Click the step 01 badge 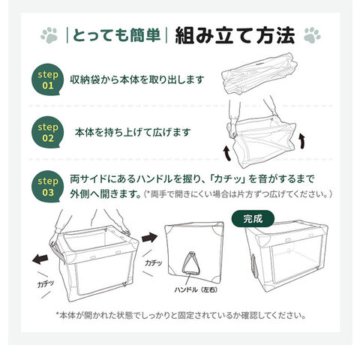(x=47, y=79)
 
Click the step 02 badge (x=47, y=132)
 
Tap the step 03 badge (x=47, y=187)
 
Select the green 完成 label (x=253, y=219)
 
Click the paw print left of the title (x=49, y=35)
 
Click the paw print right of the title (x=312, y=35)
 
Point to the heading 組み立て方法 (x=235, y=35)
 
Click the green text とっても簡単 (x=116, y=35)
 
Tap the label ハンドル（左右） (x=196, y=289)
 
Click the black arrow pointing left (x=40, y=259)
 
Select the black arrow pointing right (x=149, y=238)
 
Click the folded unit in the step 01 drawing (x=259, y=73)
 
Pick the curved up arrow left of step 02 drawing (x=227, y=154)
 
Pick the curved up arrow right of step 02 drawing (x=302, y=141)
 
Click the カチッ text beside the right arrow (x=153, y=262)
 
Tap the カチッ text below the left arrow (x=45, y=283)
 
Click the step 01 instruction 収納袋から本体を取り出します (x=137, y=79)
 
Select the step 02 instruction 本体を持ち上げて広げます (x=133, y=132)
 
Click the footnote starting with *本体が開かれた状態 (x=181, y=315)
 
